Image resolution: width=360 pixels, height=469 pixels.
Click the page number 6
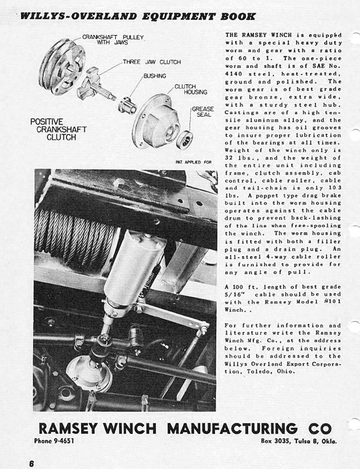point(32,463)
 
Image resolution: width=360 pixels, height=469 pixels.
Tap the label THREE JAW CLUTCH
point(151,62)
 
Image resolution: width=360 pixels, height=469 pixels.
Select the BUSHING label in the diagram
point(155,76)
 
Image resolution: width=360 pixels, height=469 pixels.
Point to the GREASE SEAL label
point(202,112)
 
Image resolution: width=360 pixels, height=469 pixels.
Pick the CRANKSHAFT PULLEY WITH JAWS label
point(112,40)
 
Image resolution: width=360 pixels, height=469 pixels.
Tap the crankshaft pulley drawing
point(62,66)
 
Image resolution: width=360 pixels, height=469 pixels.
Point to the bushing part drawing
point(127,106)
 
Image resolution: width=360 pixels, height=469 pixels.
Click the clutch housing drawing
point(157,121)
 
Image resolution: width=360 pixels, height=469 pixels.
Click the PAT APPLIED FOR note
point(193,162)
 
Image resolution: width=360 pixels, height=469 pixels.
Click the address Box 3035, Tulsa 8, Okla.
point(299,441)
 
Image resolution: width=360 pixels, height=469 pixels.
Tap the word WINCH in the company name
point(129,428)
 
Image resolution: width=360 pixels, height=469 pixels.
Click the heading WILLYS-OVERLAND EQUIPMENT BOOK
point(138,16)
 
